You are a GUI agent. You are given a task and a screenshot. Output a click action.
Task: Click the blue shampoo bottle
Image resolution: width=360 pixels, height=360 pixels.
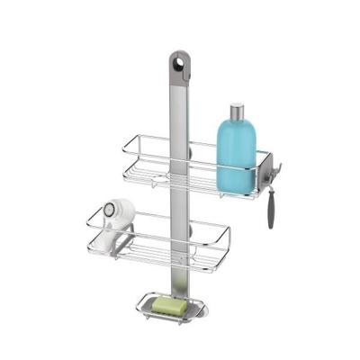236,153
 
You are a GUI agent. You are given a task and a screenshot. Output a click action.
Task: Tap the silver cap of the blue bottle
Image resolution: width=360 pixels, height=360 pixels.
236,112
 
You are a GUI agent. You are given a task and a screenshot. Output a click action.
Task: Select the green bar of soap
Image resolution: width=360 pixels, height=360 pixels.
171,305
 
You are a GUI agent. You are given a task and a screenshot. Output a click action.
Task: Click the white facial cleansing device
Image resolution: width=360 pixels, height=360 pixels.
117,225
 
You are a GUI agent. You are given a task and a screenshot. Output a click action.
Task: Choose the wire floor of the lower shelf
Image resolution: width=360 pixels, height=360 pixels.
162,253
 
